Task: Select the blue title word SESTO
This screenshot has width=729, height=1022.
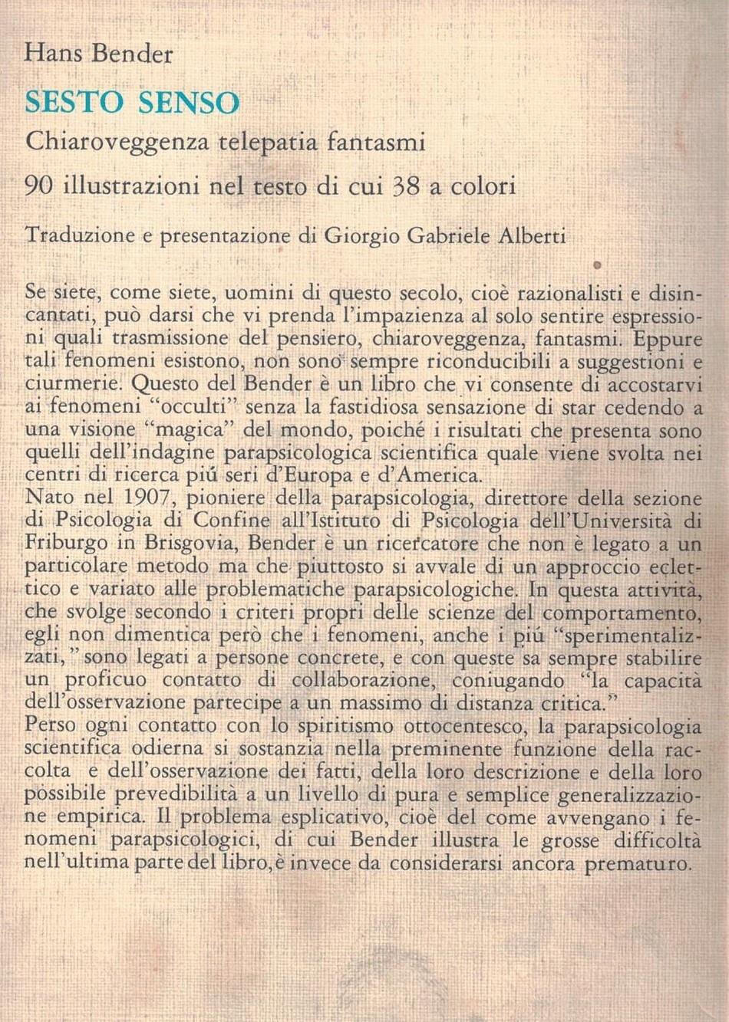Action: (74, 103)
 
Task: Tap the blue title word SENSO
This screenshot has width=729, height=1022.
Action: (189, 103)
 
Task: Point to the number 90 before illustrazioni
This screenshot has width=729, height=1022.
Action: (38, 186)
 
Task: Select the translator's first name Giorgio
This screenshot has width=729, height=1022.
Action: (361, 236)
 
